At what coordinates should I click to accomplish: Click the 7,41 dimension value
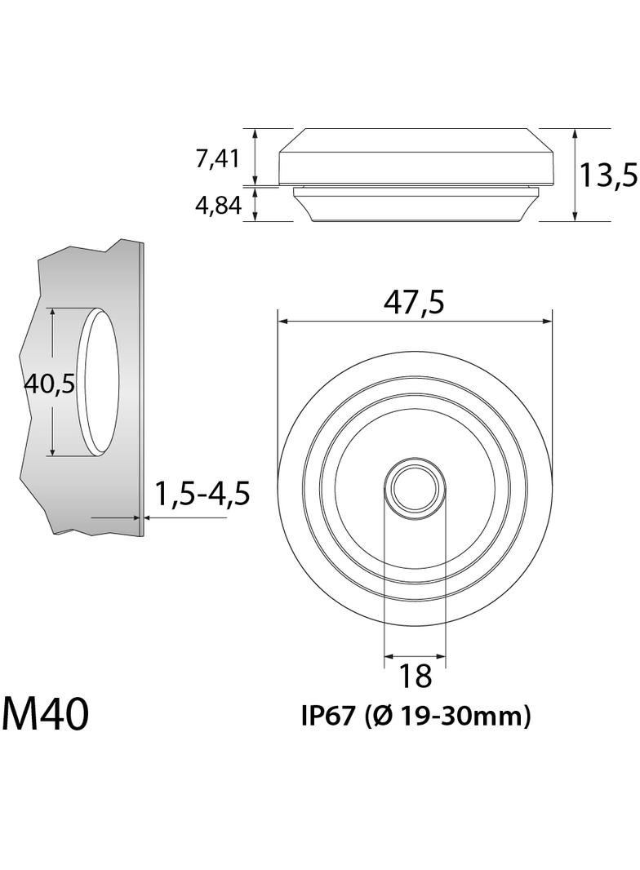point(217,158)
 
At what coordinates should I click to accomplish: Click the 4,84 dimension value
point(217,206)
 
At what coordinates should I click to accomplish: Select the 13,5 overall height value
point(607,175)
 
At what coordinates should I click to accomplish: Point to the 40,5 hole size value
point(49,382)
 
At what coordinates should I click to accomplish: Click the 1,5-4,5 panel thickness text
point(202,494)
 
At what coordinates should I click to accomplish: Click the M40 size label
point(45,714)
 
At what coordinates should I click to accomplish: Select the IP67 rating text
point(327,717)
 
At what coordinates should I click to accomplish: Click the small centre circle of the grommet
point(415,490)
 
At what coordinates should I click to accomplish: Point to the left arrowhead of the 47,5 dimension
point(282,322)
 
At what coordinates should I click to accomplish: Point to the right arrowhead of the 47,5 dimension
point(548,322)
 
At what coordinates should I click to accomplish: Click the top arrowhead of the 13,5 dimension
point(576,133)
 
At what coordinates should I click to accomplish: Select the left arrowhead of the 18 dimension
point(388,656)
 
